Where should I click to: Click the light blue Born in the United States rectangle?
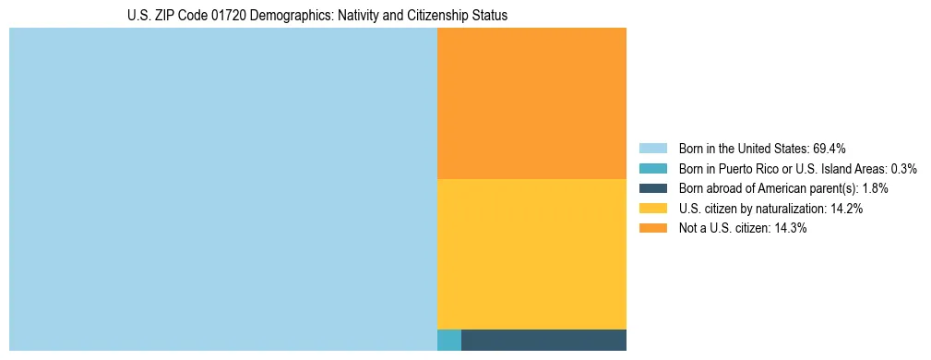(x=222, y=189)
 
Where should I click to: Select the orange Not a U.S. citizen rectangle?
(x=531, y=102)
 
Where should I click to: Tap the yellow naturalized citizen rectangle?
(x=531, y=254)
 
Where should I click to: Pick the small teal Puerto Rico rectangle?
(x=448, y=340)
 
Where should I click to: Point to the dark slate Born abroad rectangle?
(x=543, y=340)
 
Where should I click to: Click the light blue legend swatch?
(x=652, y=148)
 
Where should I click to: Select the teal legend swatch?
(x=652, y=168)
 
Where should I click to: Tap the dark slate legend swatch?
(x=652, y=188)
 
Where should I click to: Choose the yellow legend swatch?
(x=652, y=209)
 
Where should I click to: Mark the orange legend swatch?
(x=652, y=229)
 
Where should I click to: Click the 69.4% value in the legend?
(x=830, y=148)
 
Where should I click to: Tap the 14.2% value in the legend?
(x=846, y=209)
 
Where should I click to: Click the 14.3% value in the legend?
(x=791, y=229)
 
